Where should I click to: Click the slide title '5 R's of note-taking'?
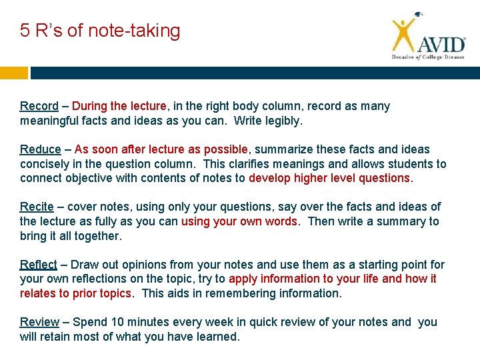[100, 31]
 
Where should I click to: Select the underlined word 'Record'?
[39, 106]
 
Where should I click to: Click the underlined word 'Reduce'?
[40, 149]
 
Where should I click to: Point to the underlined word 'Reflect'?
[39, 265]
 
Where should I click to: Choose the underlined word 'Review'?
[39, 322]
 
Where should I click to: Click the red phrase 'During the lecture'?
[119, 106]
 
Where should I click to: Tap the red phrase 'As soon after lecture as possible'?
[162, 149]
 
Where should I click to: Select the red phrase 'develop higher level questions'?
[329, 178]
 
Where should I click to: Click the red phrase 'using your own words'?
[239, 221]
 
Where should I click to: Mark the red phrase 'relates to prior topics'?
[75, 293]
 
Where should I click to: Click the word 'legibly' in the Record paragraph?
[282, 121]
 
